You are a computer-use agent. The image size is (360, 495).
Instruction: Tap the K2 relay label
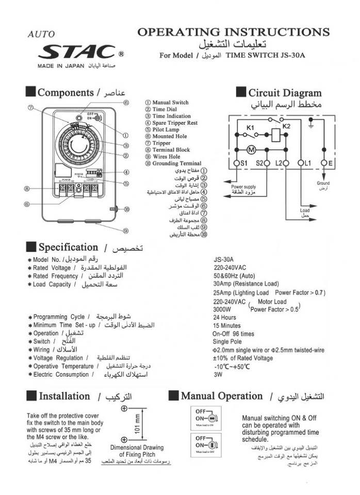tap(287, 125)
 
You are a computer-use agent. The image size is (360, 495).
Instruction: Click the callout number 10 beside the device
tap(126, 209)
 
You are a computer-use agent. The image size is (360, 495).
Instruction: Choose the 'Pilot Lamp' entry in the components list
tap(166, 130)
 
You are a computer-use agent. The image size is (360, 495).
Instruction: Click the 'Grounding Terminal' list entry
tap(176, 163)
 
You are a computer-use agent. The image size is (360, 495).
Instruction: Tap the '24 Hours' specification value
tap(225, 318)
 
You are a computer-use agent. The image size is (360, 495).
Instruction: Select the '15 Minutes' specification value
tap(227, 326)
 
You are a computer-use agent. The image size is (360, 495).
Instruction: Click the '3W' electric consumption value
tap(218, 375)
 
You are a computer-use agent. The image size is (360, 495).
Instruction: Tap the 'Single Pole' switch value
tap(228, 342)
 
